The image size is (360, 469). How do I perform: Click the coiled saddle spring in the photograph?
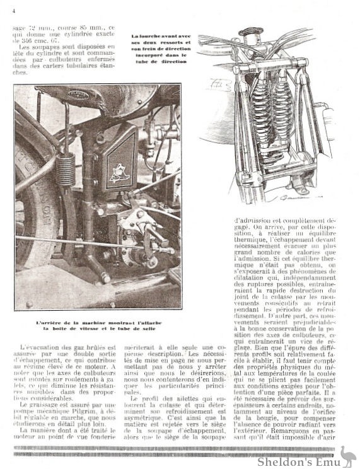[x=66, y=170]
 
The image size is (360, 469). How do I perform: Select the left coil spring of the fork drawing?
[x=260, y=111]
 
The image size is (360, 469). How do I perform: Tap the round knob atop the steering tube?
[x=251, y=32]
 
